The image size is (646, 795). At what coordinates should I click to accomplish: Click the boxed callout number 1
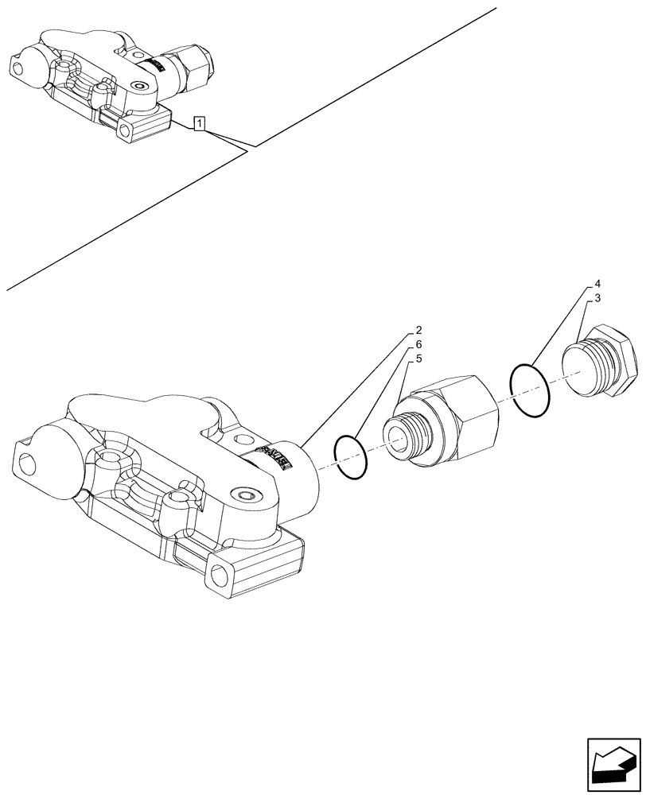pyautogui.click(x=200, y=122)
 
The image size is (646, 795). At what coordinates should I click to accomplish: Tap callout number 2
pyautogui.click(x=418, y=330)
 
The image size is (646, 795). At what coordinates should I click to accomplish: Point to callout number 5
pyautogui.click(x=418, y=362)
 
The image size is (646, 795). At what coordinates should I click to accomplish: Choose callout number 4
pyautogui.click(x=597, y=283)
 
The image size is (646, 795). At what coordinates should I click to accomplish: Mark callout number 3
pyautogui.click(x=597, y=298)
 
